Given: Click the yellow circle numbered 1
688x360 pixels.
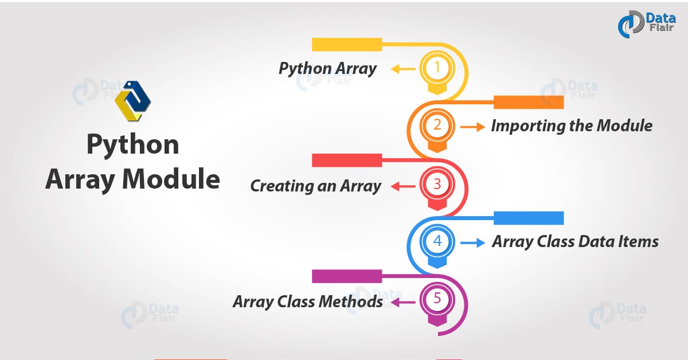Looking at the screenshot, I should pyautogui.click(x=437, y=68).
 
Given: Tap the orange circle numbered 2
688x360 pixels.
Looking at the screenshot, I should pyautogui.click(x=437, y=126).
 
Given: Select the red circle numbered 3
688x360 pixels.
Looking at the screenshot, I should pyautogui.click(x=437, y=185).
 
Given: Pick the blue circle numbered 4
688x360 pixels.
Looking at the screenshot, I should pyautogui.click(x=437, y=241).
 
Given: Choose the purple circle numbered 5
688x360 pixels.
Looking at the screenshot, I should pyautogui.click(x=437, y=300).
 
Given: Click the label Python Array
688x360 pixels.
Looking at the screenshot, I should pyautogui.click(x=327, y=69).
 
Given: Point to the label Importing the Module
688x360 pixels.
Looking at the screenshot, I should pyautogui.click(x=571, y=126).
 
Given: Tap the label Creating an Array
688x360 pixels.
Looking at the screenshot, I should pyautogui.click(x=315, y=186).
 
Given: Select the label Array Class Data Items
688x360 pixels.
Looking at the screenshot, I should pyautogui.click(x=575, y=242).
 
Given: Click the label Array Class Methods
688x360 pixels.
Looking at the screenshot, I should pyautogui.click(x=307, y=301).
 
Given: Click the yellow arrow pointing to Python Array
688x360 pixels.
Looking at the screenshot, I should pyautogui.click(x=402, y=69).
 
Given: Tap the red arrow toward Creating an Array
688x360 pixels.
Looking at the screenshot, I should pyautogui.click(x=402, y=186).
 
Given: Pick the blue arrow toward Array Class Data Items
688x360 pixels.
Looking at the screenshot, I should pyautogui.click(x=472, y=242).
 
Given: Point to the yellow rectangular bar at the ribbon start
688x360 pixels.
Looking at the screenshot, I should pyautogui.click(x=347, y=45).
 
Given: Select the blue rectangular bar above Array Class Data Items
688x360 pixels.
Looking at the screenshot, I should pyautogui.click(x=529, y=218).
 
